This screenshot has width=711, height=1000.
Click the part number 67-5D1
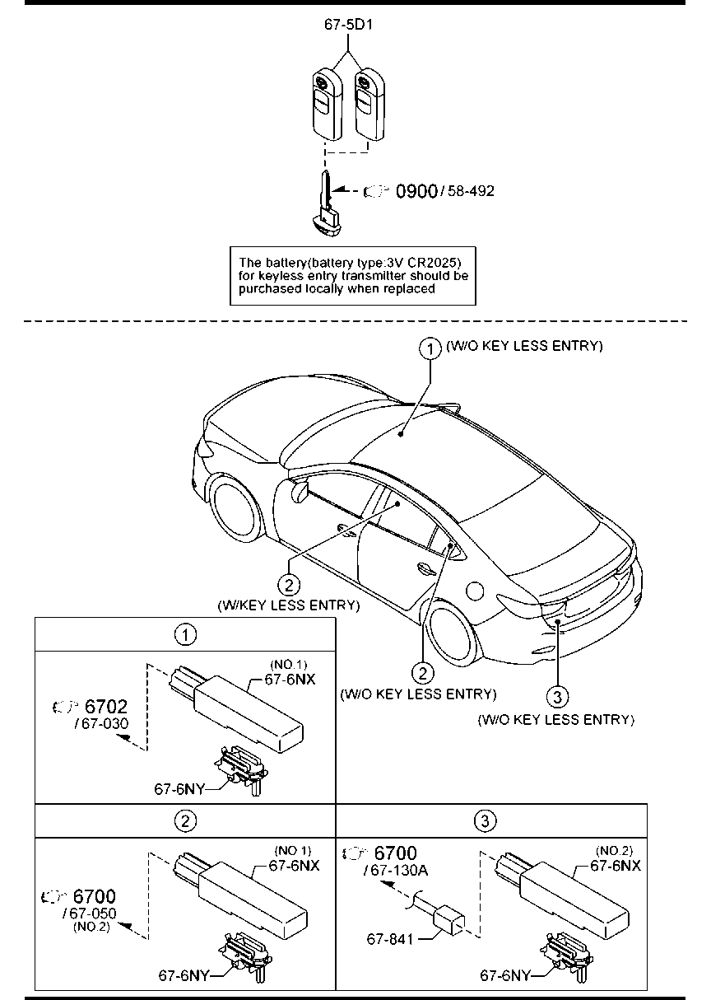pyautogui.click(x=348, y=25)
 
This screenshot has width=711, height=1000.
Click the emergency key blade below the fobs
pyautogui.click(x=328, y=203)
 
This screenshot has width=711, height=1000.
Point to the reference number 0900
pyautogui.click(x=416, y=191)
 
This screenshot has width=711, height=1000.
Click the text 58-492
pyautogui.click(x=471, y=191)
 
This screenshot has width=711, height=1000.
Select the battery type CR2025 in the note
pyautogui.click(x=434, y=262)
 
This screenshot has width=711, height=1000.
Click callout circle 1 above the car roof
pyautogui.click(x=430, y=348)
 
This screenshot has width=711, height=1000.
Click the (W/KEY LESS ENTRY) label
pyautogui.click(x=288, y=605)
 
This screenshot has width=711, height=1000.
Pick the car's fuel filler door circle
pyautogui.click(x=475, y=591)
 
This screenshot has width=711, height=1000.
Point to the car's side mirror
pyautogui.click(x=300, y=491)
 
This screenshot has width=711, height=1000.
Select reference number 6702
pyautogui.click(x=106, y=706)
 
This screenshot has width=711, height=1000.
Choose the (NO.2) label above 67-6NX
pyautogui.click(x=614, y=851)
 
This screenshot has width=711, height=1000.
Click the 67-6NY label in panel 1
pyautogui.click(x=179, y=789)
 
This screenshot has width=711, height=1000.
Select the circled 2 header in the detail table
pyautogui.click(x=185, y=820)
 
